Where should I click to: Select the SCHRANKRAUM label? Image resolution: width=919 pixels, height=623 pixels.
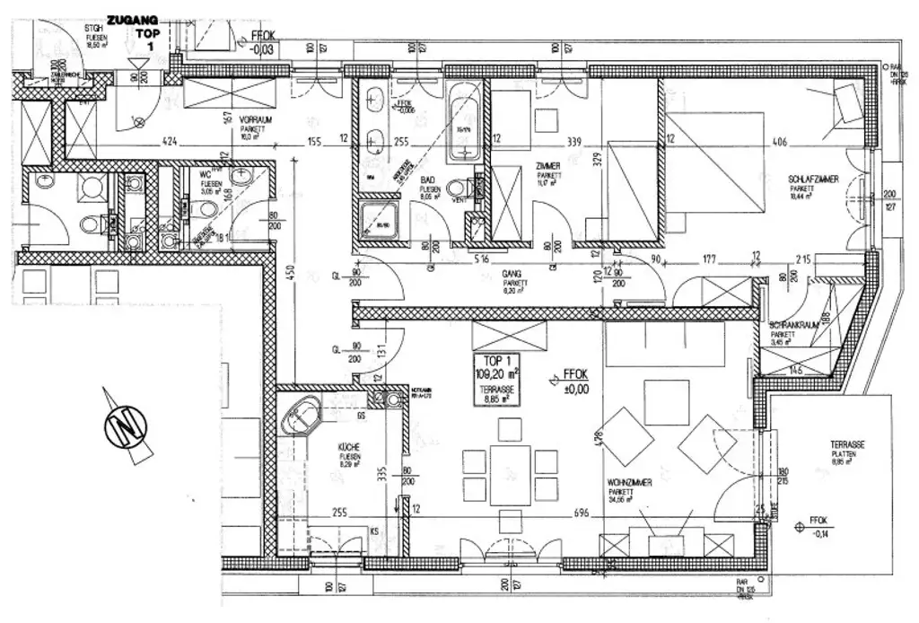[794, 329]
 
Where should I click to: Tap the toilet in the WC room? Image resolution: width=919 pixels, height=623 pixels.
[206, 210]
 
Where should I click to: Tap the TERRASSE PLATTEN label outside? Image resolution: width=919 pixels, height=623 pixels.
[848, 453]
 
